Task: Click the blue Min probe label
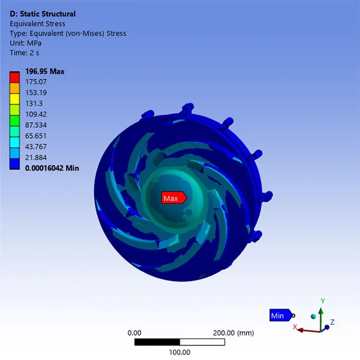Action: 281,315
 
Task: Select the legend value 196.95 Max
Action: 45,72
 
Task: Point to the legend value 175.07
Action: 36,82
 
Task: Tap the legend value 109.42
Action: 36,114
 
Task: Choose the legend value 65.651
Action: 36,136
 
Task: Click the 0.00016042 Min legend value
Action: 52,168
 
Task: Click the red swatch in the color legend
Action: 15,78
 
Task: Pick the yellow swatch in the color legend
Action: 15,99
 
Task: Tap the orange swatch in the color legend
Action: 15,89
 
